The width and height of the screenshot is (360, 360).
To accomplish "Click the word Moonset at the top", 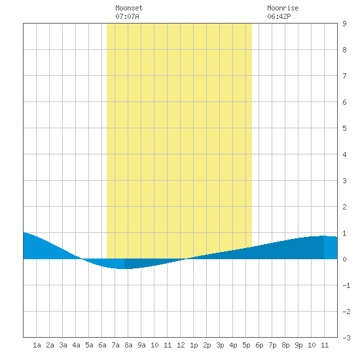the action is pos(129,8).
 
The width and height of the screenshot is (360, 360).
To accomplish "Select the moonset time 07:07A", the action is pos(127,16).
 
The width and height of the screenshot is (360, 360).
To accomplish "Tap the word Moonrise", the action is pos(283,8).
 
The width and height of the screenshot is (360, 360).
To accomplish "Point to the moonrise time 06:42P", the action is pos(279,16).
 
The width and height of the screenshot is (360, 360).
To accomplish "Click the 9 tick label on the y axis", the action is pos(344,24).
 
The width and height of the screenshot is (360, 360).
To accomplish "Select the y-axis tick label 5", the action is pos(344,128).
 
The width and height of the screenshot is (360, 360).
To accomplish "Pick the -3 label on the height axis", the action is pos(346,338).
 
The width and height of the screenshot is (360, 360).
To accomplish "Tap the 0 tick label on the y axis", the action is pos(344,259).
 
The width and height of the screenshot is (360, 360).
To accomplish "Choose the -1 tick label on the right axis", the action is pos(346,285).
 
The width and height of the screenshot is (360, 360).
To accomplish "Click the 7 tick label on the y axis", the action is pos(344,76).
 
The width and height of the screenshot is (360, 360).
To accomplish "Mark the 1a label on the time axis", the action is pos(37,345).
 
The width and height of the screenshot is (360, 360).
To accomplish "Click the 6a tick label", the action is pos(102,345).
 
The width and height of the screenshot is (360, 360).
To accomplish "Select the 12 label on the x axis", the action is pos(181,345).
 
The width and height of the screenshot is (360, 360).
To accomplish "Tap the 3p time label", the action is pos(220,345).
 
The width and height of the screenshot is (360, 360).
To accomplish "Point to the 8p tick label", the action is pos(285,345).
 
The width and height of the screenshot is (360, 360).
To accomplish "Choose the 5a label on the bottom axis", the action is pos(89,345).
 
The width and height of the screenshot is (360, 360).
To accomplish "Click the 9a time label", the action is pos(141,345).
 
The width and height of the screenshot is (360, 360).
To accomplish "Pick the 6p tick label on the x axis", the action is pos(259,345).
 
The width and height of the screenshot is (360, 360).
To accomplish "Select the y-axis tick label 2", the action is pos(344,207).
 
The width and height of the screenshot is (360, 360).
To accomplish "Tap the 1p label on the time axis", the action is pos(194,345).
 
